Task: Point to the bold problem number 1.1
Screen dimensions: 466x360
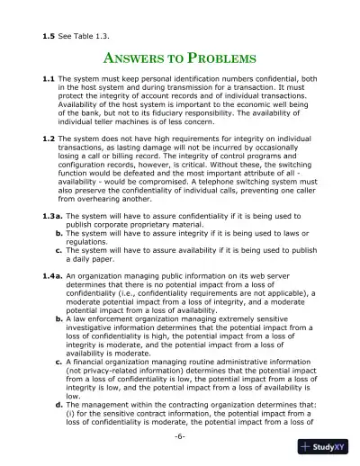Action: click(x=51, y=81)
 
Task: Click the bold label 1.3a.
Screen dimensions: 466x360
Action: click(x=54, y=243)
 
